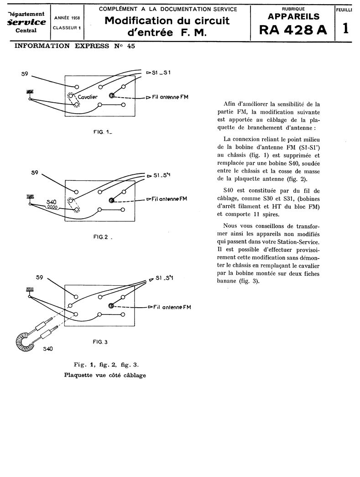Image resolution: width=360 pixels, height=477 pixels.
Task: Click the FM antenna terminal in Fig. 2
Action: click(x=111, y=200)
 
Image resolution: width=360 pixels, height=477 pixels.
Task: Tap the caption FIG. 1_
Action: click(x=103, y=132)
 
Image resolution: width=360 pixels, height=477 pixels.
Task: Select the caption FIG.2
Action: click(x=101, y=237)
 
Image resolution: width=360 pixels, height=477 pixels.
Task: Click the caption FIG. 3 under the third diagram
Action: click(x=99, y=341)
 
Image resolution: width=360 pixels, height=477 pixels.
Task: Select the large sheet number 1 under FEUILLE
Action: click(x=346, y=28)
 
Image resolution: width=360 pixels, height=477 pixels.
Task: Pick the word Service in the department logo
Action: click(x=26, y=22)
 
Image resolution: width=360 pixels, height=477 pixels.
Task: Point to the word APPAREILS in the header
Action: click(x=293, y=16)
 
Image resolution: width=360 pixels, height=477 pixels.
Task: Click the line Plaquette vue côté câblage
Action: click(x=105, y=375)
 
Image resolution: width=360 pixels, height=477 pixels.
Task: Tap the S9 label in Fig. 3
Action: click(x=39, y=278)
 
